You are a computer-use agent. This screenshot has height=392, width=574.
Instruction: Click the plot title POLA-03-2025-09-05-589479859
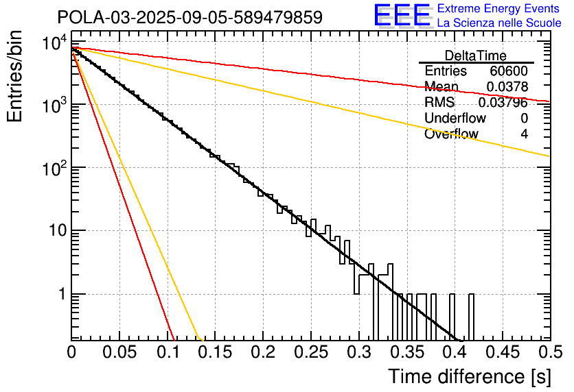[x=190, y=17]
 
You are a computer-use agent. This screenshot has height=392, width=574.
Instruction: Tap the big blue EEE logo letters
[x=402, y=16]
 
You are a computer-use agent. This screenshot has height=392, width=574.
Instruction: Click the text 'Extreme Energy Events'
[x=500, y=9]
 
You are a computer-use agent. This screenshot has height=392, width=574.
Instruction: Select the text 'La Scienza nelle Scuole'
[x=500, y=23]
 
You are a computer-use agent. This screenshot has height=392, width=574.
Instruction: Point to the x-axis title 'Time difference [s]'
[x=469, y=376]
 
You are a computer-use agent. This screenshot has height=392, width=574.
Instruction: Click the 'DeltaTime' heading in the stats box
[x=476, y=56]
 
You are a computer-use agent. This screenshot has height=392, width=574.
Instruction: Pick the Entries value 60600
[x=508, y=71]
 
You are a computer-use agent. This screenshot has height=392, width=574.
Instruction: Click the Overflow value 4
[x=524, y=134]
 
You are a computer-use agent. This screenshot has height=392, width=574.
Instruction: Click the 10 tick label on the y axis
[x=54, y=231]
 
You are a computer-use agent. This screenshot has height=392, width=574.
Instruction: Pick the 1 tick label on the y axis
[x=60, y=295]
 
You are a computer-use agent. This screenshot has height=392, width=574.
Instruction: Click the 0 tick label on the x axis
[x=72, y=352]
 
